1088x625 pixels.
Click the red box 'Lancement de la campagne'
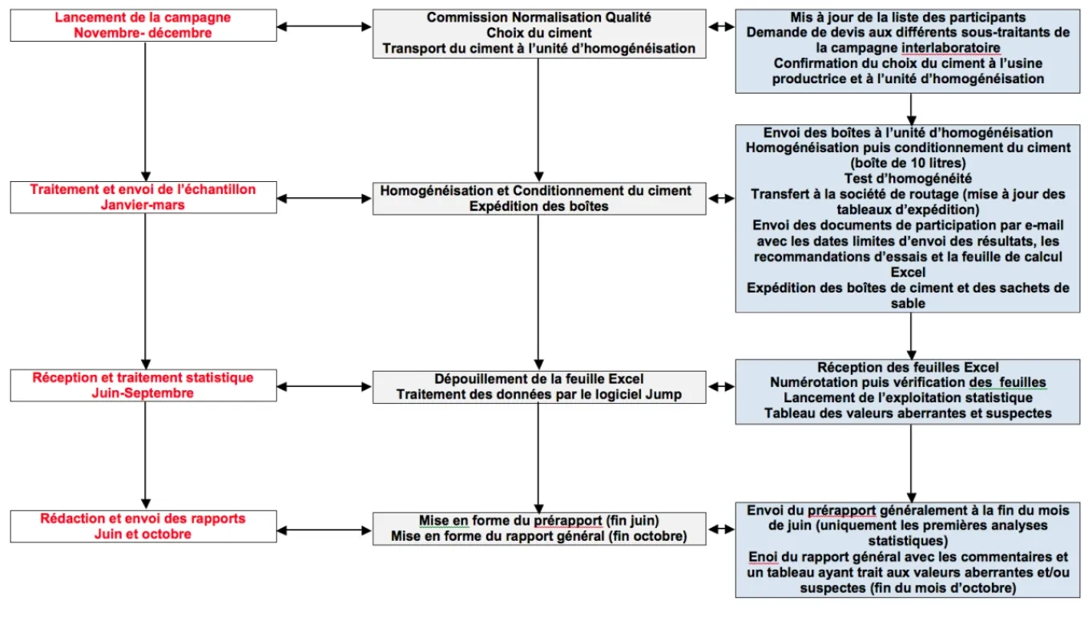tap(143, 26)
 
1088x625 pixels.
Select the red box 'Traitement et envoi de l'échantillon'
tap(143, 197)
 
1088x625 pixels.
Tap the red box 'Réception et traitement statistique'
tap(143, 385)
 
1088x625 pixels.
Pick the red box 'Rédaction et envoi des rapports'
tap(143, 526)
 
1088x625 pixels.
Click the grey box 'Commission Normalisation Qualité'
tap(539, 34)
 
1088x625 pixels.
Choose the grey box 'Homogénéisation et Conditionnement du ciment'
tap(539, 199)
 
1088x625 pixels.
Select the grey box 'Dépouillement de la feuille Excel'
tap(539, 387)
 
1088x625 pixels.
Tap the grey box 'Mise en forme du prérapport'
tap(539, 529)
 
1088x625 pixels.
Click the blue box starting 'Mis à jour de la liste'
tap(908, 51)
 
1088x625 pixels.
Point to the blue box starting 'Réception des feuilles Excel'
tap(908, 392)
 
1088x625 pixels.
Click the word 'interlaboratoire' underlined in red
tap(951, 48)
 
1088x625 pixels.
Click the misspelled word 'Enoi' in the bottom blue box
tap(763, 557)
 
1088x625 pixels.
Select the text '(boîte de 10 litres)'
tap(908, 163)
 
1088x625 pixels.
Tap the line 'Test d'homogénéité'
tap(908, 179)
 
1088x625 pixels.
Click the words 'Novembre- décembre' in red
tap(143, 33)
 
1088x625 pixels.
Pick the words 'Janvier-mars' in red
tap(143, 205)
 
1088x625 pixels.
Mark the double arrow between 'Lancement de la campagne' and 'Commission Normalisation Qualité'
tap(324, 26)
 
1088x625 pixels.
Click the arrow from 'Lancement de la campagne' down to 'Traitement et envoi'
tap(145, 111)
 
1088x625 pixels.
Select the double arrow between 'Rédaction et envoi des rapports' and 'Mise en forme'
tap(324, 530)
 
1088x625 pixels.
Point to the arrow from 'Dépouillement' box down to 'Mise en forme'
tap(538, 458)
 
